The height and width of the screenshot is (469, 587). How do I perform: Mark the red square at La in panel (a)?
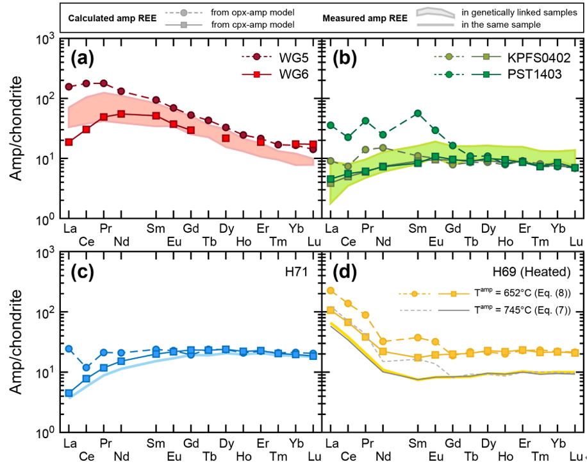pyautogui.click(x=69, y=142)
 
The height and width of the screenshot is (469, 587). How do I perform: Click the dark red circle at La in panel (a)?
pyautogui.click(x=69, y=87)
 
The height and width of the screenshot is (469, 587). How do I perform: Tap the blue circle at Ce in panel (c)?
pyautogui.click(x=87, y=368)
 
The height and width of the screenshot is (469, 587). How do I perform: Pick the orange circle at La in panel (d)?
pyautogui.click(x=330, y=291)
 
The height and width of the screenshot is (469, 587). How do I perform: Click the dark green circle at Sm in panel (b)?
pyautogui.click(x=418, y=113)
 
